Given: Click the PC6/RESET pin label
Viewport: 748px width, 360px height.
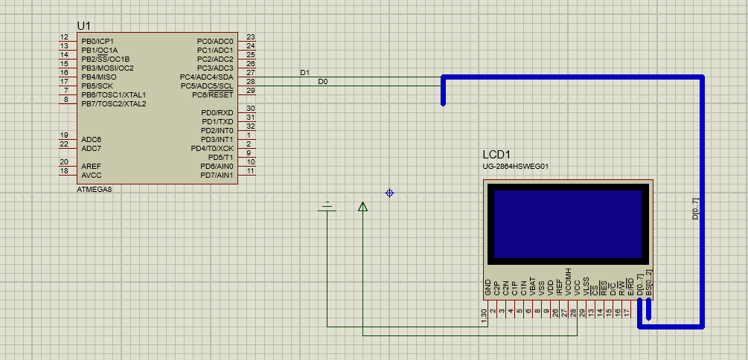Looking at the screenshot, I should pos(213,94).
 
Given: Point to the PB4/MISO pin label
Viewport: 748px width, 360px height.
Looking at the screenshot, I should pos(99,77).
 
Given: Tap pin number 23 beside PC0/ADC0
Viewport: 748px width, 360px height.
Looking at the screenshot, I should pos(251,37).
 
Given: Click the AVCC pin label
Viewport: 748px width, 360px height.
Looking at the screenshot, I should pos(92,176).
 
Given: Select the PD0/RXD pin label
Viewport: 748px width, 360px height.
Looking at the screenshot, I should pos(217,112).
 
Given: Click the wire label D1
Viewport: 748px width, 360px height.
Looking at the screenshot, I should pos(304,73).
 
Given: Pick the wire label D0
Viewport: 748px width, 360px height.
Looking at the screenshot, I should pos(322,82).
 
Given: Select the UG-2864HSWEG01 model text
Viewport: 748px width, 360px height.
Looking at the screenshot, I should pos(516,167).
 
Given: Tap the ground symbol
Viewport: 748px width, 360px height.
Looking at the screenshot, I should pos(327,205).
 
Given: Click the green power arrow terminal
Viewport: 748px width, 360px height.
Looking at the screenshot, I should pos(362,207).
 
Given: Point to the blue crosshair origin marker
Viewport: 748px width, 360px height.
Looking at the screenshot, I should pos(389,193).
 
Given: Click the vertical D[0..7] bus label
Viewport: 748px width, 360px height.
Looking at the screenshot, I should pos(695,213).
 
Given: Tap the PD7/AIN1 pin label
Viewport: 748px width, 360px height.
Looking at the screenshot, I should pos(217,176).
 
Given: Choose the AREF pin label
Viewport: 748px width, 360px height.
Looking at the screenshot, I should pos(92,166).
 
